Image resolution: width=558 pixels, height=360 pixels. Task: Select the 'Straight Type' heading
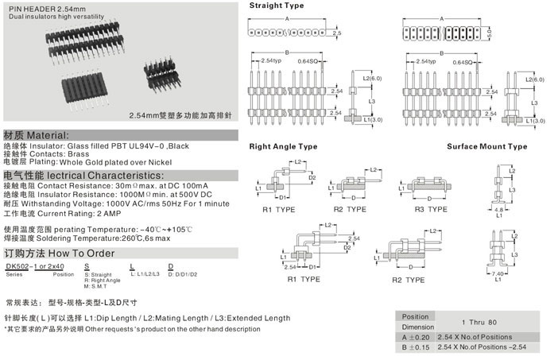[276, 5]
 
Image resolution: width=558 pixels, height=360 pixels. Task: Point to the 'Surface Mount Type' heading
[509, 146]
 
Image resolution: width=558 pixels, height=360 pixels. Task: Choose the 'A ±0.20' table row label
[417, 337]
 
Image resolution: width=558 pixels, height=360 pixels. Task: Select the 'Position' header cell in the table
[415, 316]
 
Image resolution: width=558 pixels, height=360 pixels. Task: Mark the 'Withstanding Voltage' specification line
[116, 204]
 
